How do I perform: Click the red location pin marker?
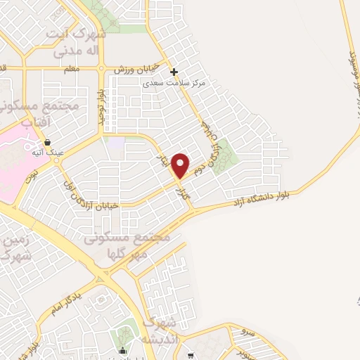181,165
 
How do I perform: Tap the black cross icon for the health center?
174,72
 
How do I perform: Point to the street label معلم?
70,69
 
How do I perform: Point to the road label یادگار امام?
67,303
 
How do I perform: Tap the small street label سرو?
238,330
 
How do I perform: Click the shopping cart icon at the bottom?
191,355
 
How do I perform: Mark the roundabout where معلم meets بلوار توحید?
103,68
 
